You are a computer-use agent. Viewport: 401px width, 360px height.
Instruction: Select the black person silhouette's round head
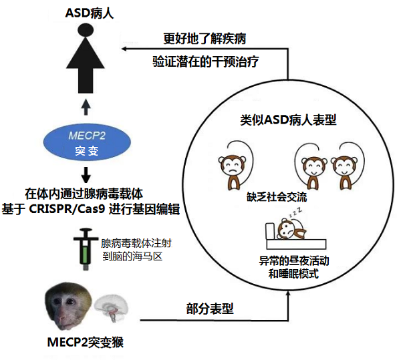tap(85, 31)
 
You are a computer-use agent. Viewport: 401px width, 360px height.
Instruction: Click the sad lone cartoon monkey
tap(231, 168)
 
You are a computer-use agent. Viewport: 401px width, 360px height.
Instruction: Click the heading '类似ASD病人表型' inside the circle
tap(288, 120)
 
